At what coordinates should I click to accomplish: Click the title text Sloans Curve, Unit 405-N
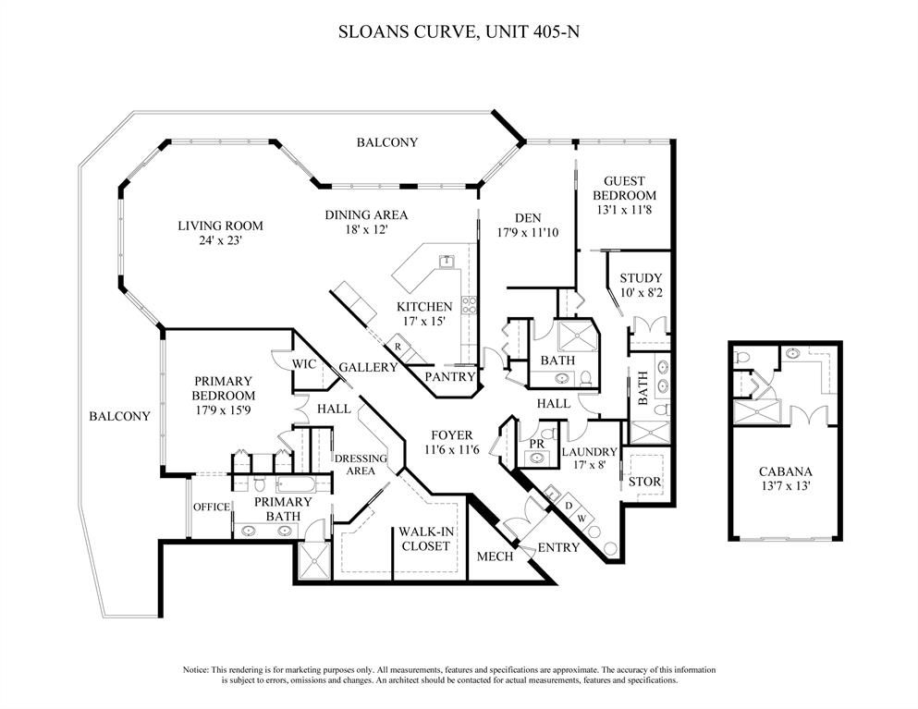click(459, 31)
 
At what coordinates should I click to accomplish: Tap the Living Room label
click(221, 226)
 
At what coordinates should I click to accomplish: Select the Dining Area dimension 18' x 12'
click(366, 230)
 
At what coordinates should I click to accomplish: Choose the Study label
click(641, 277)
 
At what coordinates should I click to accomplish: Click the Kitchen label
click(424, 307)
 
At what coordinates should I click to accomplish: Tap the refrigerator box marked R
click(398, 347)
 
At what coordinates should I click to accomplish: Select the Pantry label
click(449, 377)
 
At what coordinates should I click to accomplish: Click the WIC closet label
click(305, 364)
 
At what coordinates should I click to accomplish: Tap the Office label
click(211, 507)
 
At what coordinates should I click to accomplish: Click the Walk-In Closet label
click(424, 539)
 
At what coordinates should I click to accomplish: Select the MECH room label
click(495, 556)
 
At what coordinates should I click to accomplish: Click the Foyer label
click(451, 434)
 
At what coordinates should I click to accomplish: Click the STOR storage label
click(644, 482)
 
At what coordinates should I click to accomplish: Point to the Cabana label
click(785, 471)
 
